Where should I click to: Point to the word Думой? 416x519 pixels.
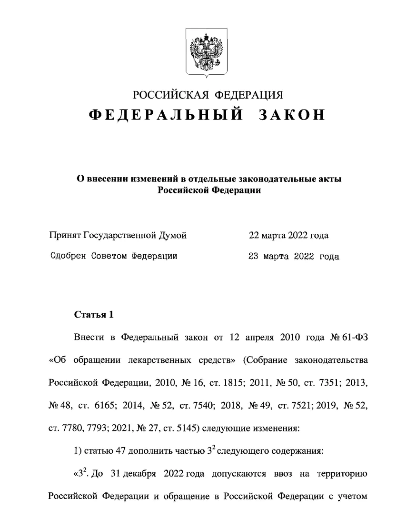tap(172, 235)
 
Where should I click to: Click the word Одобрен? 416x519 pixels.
tap(68, 256)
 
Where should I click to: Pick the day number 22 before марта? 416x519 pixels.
tap(255, 235)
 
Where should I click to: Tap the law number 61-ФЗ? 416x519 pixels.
tap(354, 338)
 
